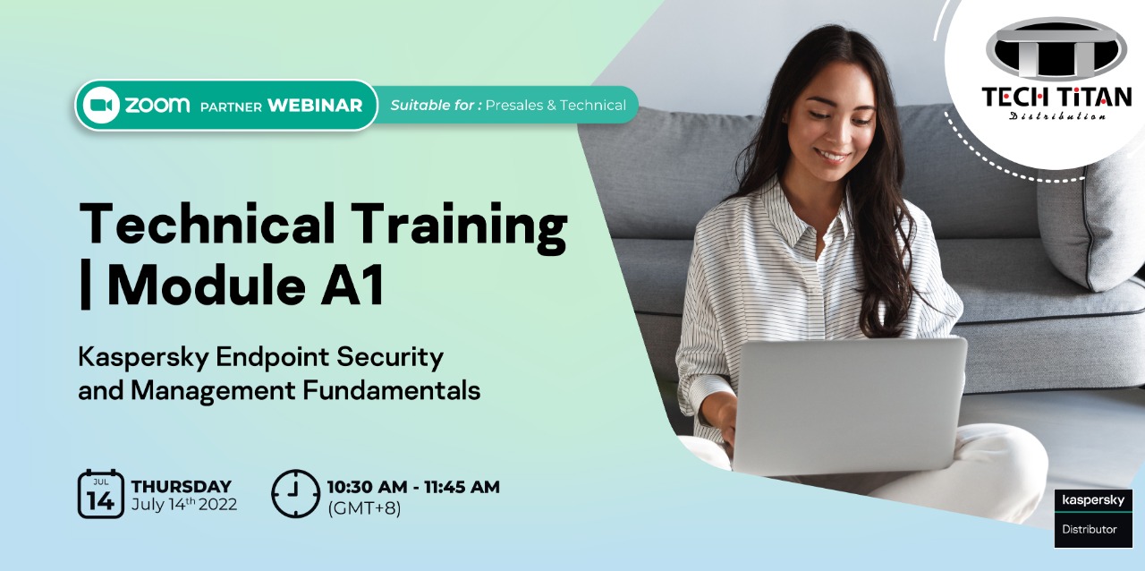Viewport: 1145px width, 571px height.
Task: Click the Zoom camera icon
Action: [101, 106]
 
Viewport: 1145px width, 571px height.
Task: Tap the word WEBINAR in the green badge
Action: [315, 106]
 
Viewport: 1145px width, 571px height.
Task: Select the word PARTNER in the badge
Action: [231, 107]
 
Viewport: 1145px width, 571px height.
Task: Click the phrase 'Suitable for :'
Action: [436, 106]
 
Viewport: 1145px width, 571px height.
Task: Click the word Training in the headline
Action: [460, 226]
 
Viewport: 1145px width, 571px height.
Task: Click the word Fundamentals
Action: [392, 390]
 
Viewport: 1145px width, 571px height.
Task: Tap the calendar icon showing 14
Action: [101, 494]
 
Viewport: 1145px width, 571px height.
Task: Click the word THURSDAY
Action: [182, 486]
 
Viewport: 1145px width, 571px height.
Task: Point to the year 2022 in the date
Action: [217, 505]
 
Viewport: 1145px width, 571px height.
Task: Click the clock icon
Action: [295, 494]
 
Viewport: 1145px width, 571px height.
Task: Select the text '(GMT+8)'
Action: [364, 508]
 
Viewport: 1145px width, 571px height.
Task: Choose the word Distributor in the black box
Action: [1090, 529]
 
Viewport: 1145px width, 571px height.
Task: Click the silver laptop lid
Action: [850, 405]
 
